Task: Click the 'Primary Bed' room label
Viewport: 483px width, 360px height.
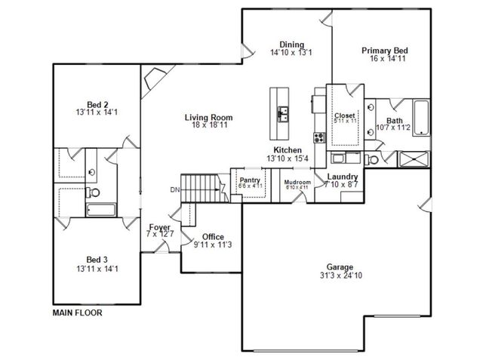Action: [382, 51]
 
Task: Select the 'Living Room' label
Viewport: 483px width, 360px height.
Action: [208, 117]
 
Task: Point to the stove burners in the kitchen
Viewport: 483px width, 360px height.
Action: [318, 138]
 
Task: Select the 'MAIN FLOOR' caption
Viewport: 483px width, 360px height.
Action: [77, 311]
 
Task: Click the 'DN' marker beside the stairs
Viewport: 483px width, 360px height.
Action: [174, 189]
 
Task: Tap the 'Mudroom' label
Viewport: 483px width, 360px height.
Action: [297, 182]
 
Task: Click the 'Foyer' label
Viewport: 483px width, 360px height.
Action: [159, 226]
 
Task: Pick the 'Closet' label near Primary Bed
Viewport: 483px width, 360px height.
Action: [345, 115]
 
